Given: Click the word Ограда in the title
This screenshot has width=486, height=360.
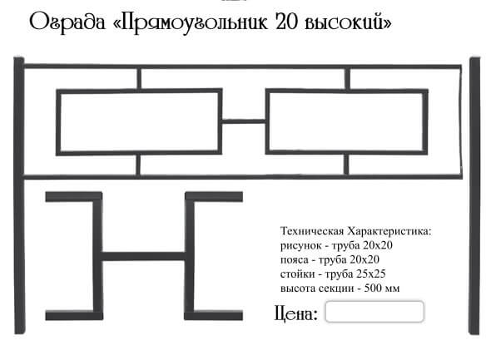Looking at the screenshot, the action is (x=67, y=22).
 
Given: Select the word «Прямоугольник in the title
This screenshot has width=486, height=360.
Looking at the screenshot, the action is (x=191, y=22).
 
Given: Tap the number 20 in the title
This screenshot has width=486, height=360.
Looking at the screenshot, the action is (x=287, y=22).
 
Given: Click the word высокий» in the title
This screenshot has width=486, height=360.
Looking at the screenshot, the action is (x=348, y=22).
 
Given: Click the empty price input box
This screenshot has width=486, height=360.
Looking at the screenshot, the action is (x=374, y=312).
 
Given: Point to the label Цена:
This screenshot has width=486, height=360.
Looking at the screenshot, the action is (x=296, y=313).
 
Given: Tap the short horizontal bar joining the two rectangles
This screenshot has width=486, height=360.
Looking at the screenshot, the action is (x=244, y=121).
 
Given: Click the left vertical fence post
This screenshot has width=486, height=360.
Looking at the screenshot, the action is (x=19, y=195).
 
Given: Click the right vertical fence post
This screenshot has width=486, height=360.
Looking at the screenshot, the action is (x=475, y=195).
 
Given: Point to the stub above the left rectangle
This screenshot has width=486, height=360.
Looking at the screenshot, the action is (x=139, y=79).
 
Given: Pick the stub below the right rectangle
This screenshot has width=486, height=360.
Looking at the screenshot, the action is (x=346, y=165).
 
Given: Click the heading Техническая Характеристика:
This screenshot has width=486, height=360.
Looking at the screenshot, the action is (x=356, y=231).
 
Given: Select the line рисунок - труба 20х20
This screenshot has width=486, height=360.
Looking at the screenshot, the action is (x=336, y=245).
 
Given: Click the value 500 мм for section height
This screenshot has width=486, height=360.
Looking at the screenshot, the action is (x=382, y=288).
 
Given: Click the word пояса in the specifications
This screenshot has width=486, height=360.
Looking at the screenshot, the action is (x=295, y=260).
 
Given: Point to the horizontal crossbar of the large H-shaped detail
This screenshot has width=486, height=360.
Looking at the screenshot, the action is (x=144, y=256).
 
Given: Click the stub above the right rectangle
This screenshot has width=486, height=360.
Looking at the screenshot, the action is (x=348, y=79).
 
